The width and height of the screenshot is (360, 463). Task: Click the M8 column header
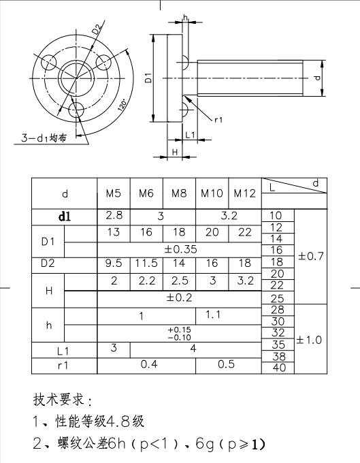[x=179, y=193]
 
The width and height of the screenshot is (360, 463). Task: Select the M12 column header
[x=244, y=193]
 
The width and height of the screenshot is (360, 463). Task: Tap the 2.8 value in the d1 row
[x=114, y=215]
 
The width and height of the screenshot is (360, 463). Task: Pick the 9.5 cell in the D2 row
[x=114, y=263]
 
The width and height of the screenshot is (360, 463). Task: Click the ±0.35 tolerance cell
[x=180, y=249]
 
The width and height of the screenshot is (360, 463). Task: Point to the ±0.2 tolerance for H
[x=179, y=297]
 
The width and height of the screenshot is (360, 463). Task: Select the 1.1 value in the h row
[x=213, y=315]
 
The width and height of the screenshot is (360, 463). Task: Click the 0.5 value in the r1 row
[x=227, y=364]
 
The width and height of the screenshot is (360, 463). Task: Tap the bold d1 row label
[x=65, y=217]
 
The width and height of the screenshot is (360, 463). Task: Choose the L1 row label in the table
[x=63, y=351]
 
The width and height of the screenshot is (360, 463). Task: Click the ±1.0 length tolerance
[x=309, y=340]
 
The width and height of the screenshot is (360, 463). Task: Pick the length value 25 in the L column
[x=278, y=298]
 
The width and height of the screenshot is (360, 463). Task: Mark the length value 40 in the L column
[x=279, y=368]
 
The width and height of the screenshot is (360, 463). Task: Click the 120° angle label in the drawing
[x=122, y=105]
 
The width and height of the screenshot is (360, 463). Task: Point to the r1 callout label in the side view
[x=218, y=120]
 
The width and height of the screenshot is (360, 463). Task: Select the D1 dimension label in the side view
[x=148, y=78]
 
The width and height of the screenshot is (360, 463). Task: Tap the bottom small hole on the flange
[x=76, y=110]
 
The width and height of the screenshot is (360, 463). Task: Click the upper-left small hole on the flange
[x=49, y=62]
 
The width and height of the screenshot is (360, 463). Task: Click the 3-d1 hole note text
[x=44, y=138]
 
